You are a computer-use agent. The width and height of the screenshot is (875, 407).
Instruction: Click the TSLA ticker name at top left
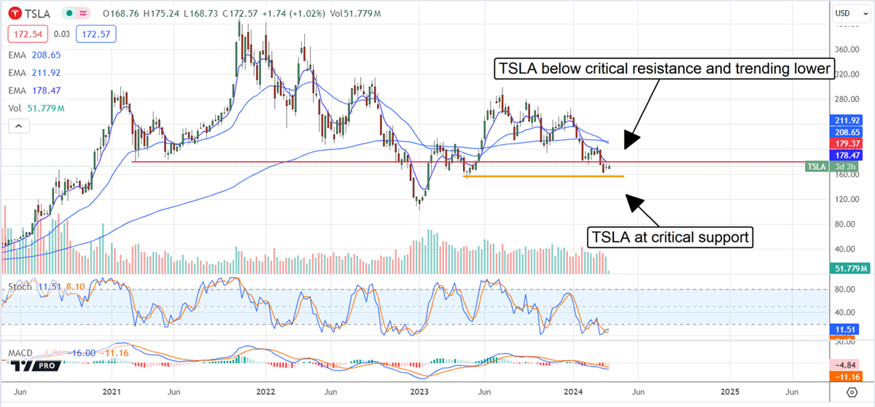[36, 14]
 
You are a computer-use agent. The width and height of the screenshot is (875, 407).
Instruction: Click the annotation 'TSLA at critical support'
[670, 237]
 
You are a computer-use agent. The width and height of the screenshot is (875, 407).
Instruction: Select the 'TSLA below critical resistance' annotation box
[664, 69]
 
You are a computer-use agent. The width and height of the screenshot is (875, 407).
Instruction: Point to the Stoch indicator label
[20, 287]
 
